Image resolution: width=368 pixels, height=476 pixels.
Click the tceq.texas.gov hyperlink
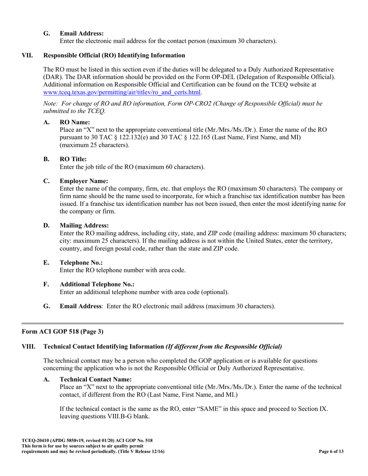[122, 92]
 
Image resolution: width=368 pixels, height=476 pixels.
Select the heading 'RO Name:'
[75, 122]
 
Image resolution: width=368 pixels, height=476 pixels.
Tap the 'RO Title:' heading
[73, 159]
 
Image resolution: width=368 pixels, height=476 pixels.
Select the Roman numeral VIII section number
[28, 346]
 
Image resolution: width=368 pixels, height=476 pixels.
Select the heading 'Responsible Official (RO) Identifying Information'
[114, 55]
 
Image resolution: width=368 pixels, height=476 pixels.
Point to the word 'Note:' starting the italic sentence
[50, 104]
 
